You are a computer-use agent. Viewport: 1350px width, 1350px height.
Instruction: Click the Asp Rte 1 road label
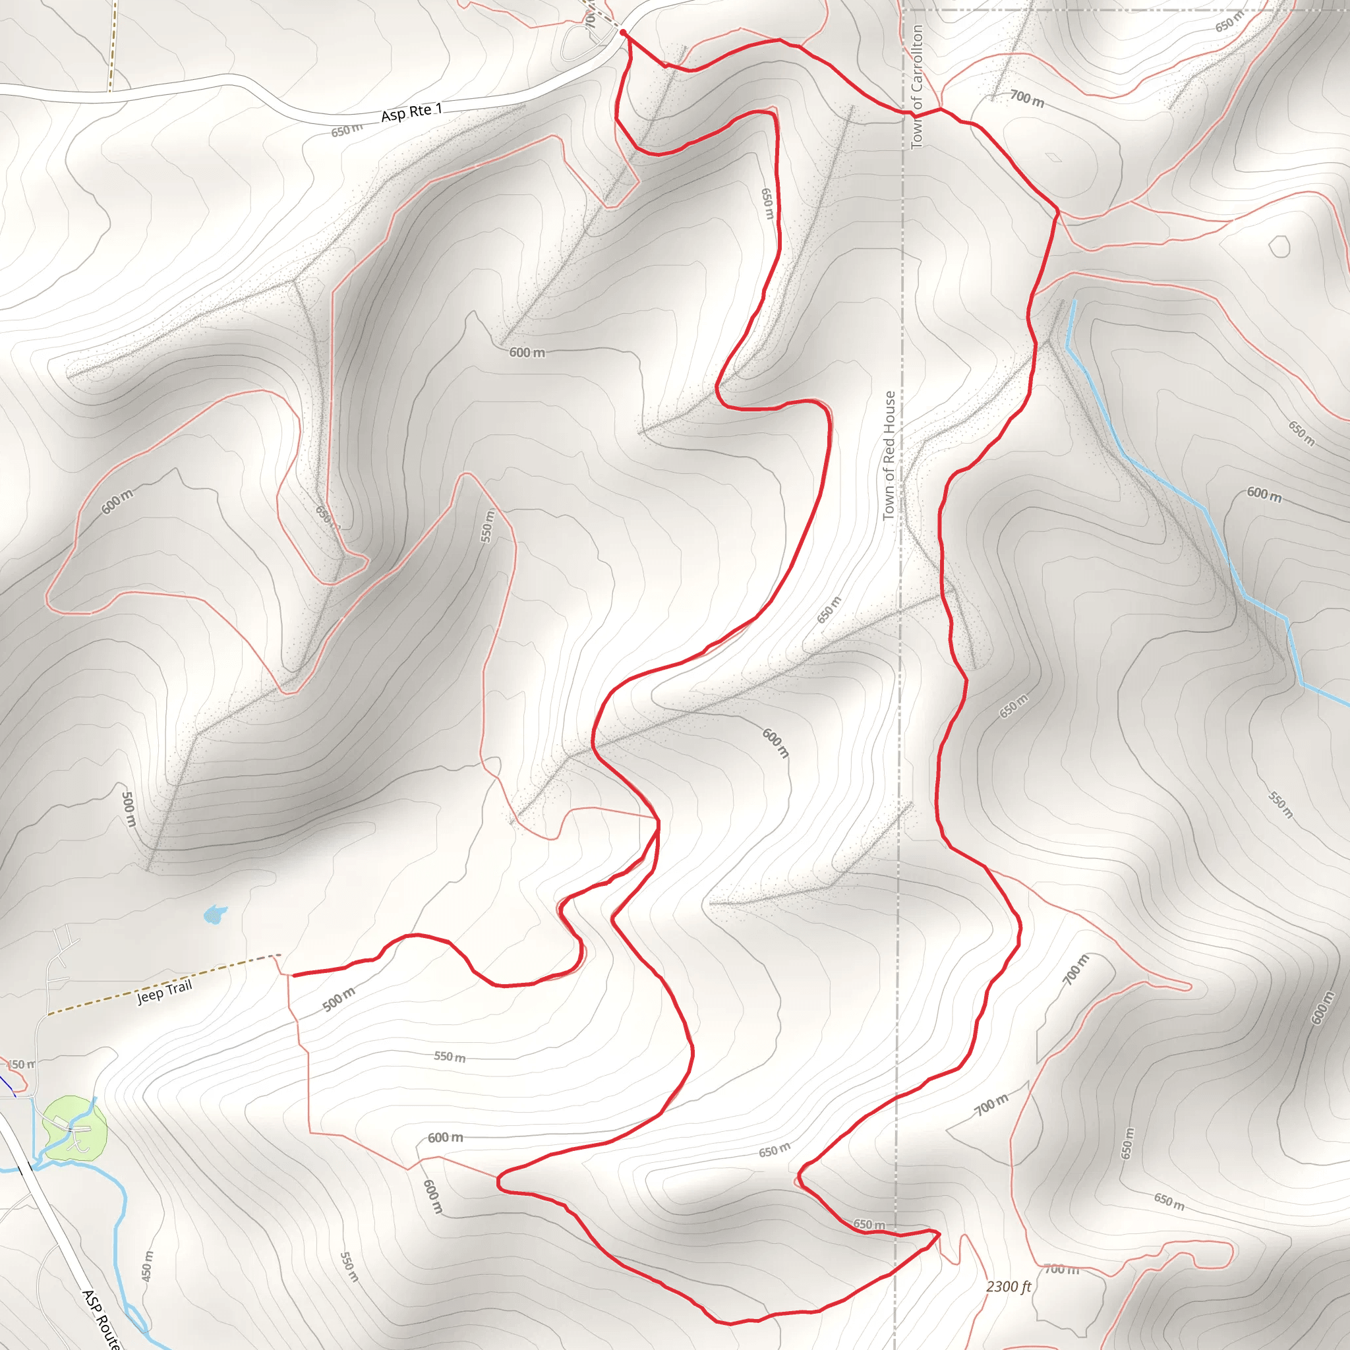pos(411,112)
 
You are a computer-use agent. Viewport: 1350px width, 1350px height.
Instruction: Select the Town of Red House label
pos(889,455)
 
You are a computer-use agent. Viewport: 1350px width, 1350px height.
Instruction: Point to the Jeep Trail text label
pos(164,991)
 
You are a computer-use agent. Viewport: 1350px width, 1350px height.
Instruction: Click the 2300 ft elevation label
pos(1009,1287)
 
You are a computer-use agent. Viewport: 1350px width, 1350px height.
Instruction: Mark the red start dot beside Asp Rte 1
pos(622,32)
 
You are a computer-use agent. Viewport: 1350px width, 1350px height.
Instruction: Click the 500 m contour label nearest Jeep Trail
pos(339,1000)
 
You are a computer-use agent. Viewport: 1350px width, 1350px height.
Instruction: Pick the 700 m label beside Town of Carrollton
pos(1026,100)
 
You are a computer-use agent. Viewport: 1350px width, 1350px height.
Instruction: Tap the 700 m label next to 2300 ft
pos(1061,1269)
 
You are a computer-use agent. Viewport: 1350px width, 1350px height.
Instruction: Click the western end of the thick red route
pos(293,975)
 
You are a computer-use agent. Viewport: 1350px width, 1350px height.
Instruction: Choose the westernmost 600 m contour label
pos(117,502)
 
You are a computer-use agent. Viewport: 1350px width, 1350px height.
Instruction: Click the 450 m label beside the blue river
pos(147,1266)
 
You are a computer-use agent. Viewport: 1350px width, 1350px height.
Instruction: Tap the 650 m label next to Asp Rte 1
pos(347,130)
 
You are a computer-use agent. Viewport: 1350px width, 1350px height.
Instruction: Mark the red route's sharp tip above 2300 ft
pos(939,1234)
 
